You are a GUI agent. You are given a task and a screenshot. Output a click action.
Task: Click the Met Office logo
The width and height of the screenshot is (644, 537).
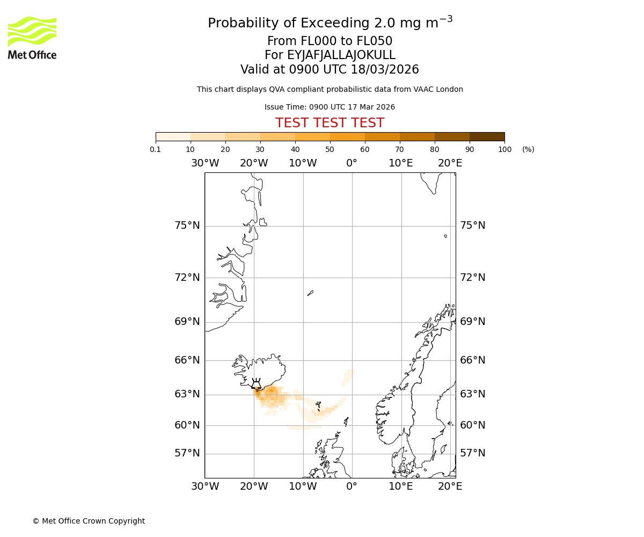[32, 38]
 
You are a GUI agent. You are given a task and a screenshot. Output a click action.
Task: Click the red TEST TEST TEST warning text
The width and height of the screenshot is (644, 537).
[330, 123]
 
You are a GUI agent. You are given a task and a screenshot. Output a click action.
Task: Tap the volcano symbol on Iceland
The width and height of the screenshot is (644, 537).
[257, 383]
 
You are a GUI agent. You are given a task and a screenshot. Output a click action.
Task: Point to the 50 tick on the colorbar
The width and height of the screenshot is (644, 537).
[330, 149]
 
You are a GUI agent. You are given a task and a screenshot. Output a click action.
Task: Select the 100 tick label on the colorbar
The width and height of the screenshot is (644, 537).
[504, 149]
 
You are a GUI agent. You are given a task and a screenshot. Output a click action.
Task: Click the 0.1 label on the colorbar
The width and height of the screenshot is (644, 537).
[156, 149]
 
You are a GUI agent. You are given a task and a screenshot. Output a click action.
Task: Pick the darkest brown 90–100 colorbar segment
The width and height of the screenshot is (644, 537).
[487, 136]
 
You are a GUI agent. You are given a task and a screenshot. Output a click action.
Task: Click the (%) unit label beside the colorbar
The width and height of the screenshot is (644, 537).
[528, 149]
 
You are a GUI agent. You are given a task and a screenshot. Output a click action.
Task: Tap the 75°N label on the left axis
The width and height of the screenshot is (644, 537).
[187, 226]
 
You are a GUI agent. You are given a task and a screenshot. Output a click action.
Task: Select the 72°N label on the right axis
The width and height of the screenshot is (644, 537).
[472, 277]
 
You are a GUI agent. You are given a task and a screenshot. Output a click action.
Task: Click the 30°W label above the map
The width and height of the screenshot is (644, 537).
[205, 163]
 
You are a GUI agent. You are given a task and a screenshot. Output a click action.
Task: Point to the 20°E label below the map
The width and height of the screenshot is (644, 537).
[450, 487]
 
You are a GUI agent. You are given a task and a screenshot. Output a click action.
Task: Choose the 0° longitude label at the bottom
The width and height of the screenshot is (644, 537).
[352, 487]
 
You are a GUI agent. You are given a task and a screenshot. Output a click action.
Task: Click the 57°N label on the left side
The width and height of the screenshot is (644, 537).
[187, 453]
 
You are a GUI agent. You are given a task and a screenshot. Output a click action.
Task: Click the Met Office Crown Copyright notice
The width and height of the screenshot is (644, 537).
[89, 521]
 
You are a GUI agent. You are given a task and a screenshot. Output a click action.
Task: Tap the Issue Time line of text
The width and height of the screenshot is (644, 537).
[330, 107]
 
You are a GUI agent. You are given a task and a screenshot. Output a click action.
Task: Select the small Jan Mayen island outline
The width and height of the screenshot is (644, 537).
[310, 293]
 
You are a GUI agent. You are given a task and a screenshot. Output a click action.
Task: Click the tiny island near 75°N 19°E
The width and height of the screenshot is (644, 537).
[445, 236]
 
